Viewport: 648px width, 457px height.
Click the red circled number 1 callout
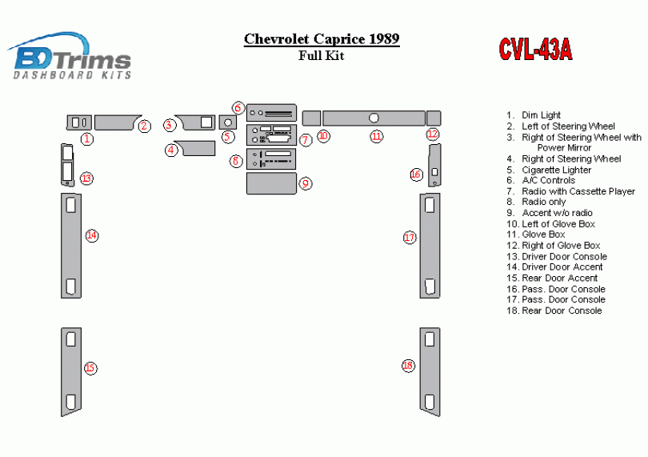[x=86, y=138]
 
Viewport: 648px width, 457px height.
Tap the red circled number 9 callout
[x=306, y=183]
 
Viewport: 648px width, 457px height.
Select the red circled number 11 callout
[x=376, y=136]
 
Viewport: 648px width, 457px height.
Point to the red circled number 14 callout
[x=92, y=235]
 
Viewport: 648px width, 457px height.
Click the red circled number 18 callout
[x=408, y=366]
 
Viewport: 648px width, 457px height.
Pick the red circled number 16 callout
[x=416, y=174]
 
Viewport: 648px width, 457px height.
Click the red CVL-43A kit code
[x=535, y=50]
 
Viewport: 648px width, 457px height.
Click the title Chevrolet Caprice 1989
[x=322, y=38]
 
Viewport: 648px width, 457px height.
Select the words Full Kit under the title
[x=321, y=56]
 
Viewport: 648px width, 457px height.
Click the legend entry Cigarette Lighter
[x=556, y=170]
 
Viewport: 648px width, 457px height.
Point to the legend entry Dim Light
[x=541, y=115]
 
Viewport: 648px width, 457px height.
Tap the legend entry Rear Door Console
[x=562, y=311]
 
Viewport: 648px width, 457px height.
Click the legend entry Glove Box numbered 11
[x=543, y=235]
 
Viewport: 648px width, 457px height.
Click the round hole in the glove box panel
[x=374, y=118]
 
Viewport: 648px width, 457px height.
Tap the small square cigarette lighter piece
[x=227, y=122]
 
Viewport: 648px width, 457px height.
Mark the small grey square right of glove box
[x=434, y=118]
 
